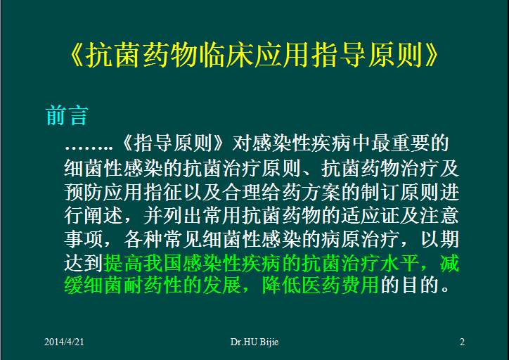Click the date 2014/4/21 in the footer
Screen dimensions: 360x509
click(x=68, y=342)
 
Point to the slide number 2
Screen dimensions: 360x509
click(x=462, y=342)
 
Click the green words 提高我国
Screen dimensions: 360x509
click(x=136, y=264)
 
